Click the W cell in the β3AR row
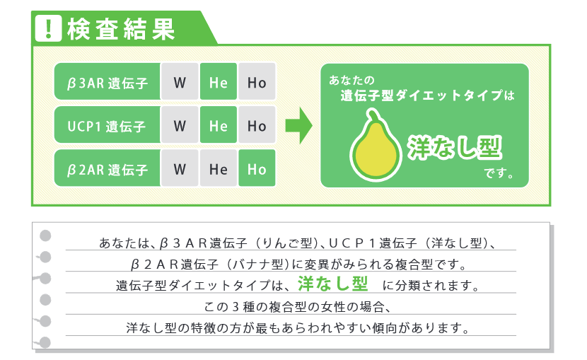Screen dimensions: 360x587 pyautogui.click(x=180, y=83)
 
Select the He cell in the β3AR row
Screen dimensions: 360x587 pyautogui.click(x=218, y=83)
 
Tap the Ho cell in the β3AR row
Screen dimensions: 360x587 pyautogui.click(x=257, y=83)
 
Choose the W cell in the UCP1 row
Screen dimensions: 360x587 pyautogui.click(x=180, y=127)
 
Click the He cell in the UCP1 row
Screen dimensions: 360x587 pyautogui.click(x=218, y=127)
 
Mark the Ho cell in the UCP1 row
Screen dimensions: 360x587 pyautogui.click(x=257, y=127)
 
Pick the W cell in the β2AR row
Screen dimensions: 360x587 pyautogui.click(x=180, y=170)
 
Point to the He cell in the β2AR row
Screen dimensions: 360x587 pyautogui.click(x=218, y=170)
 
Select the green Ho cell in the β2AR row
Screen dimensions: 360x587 pyautogui.click(x=257, y=170)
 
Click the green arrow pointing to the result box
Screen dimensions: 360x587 pyautogui.click(x=298, y=126)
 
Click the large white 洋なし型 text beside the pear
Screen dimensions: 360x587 pyautogui.click(x=455, y=146)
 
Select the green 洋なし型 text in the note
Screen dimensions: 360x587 pyautogui.click(x=332, y=284)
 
